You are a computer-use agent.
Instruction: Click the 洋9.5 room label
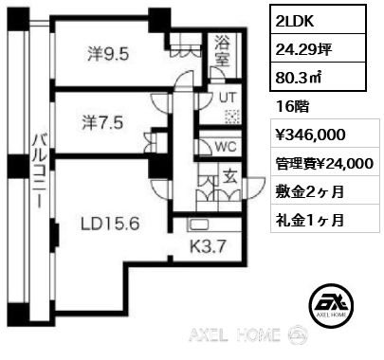(x=108, y=54)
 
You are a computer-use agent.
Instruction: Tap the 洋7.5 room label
(x=102, y=122)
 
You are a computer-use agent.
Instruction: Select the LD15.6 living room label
(x=110, y=224)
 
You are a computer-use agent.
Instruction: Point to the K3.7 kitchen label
(x=209, y=246)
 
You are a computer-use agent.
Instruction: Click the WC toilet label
(x=226, y=147)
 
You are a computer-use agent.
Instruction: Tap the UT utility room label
(x=228, y=98)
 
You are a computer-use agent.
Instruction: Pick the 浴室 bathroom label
(x=222, y=51)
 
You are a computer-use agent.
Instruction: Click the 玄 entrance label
(x=230, y=176)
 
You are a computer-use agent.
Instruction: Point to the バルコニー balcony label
(x=40, y=171)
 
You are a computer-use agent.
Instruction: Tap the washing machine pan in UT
(x=232, y=117)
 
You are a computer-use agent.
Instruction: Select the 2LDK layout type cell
(x=318, y=19)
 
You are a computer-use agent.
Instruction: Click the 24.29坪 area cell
(x=318, y=48)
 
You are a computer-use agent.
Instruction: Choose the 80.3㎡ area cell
(x=318, y=77)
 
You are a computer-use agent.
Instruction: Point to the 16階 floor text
(x=292, y=107)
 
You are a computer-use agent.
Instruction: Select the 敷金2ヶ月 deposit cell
(x=325, y=189)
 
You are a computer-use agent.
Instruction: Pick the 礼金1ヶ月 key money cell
(x=325, y=219)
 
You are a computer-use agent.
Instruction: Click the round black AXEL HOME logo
(x=331, y=305)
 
